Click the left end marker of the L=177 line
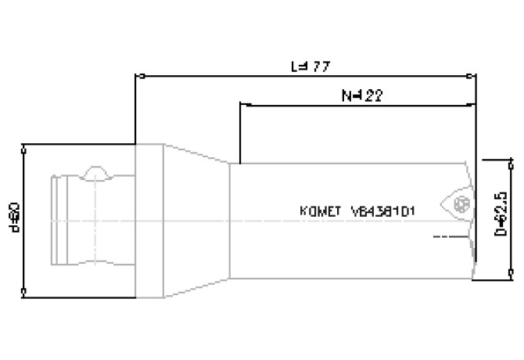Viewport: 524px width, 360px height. coord(137,77)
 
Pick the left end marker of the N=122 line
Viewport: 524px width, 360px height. coord(240,104)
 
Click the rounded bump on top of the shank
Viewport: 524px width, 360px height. coord(95,171)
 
